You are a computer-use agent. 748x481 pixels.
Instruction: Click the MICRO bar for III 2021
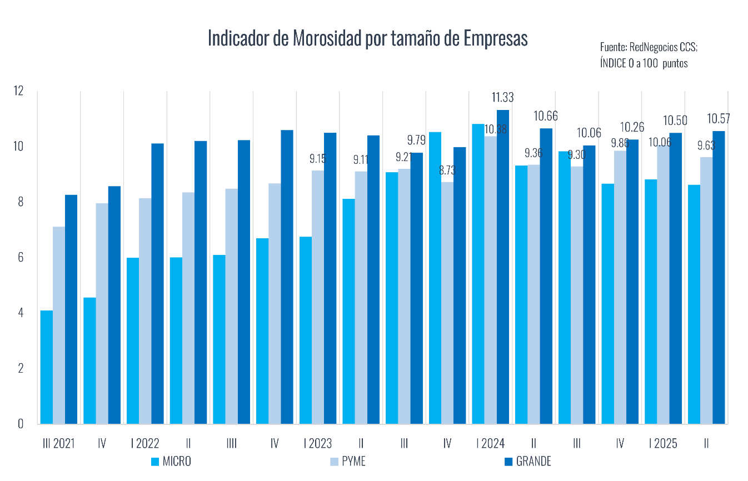tap(47, 367)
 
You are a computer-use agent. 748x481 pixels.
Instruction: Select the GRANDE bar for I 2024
tap(502, 267)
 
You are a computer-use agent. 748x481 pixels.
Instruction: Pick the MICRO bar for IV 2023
tap(435, 278)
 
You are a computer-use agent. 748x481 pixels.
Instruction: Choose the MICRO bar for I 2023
tap(305, 330)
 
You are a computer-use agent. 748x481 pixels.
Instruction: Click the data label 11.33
tap(502, 98)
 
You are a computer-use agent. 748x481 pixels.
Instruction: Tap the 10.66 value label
tap(546, 116)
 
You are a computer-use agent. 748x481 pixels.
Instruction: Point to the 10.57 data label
tap(718, 119)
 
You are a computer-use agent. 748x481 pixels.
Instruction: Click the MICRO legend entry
tap(171, 462)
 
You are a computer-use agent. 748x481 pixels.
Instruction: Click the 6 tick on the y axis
tap(20, 257)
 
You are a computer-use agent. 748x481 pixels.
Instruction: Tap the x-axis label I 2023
tap(318, 443)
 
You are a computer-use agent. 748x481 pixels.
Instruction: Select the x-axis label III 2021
tap(58, 443)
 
